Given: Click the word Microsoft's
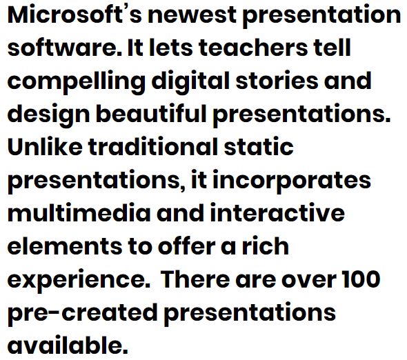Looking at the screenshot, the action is tap(75, 14).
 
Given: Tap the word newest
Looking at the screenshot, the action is tap(192, 15).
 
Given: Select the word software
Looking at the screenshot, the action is tap(65, 48).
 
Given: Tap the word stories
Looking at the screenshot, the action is tap(277, 81).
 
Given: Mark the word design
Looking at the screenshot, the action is tap(49, 115).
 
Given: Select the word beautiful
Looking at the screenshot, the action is tap(151, 114).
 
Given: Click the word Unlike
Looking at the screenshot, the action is tap(45, 147).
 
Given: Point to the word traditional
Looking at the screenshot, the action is tap(153, 147).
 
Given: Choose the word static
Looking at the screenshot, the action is tap(259, 147).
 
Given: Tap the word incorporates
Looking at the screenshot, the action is tap(292, 181).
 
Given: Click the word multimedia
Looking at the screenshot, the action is tap(79, 213).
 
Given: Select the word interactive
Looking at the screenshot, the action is tap(277, 213).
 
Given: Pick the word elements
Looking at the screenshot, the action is tap(65, 246).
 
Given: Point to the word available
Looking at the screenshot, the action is tap(68, 345).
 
